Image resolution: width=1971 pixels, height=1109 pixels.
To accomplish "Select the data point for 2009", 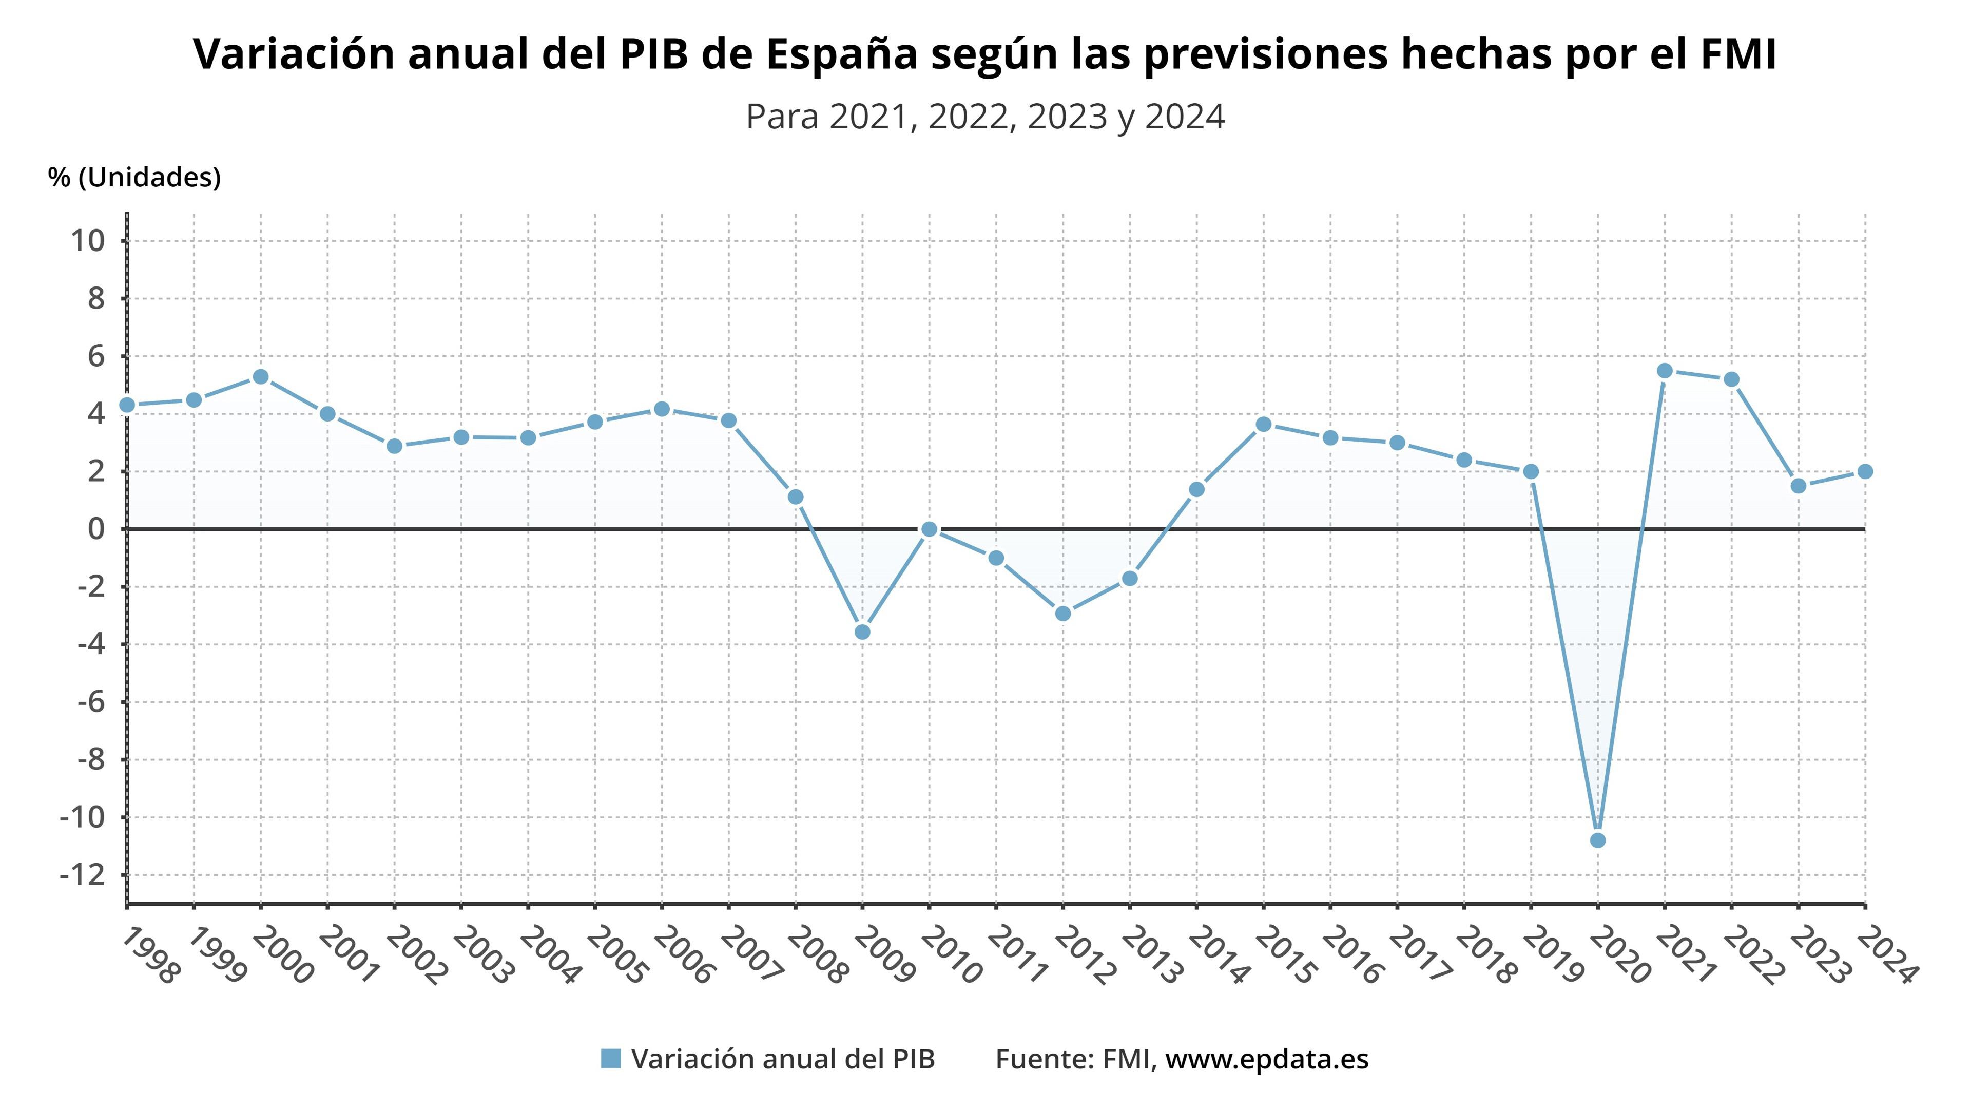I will click(862, 632).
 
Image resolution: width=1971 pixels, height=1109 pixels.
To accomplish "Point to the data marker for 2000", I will click(260, 376).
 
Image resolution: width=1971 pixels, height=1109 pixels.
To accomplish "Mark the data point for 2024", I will click(1865, 471).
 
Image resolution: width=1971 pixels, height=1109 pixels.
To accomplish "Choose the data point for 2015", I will click(1263, 425).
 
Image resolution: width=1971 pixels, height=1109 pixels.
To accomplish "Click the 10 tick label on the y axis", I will click(86, 241).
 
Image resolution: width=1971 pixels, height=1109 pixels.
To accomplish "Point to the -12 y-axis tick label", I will click(82, 875).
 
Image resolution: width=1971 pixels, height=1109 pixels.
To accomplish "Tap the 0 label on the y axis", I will click(95, 529).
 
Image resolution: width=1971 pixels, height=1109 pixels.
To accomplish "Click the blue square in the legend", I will click(611, 1059).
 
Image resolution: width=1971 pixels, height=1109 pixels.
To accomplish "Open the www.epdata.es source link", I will click(1266, 1059).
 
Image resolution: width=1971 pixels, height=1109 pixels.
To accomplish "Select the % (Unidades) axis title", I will click(134, 178).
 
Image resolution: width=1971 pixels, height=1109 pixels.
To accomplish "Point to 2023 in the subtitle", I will click(1068, 117).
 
